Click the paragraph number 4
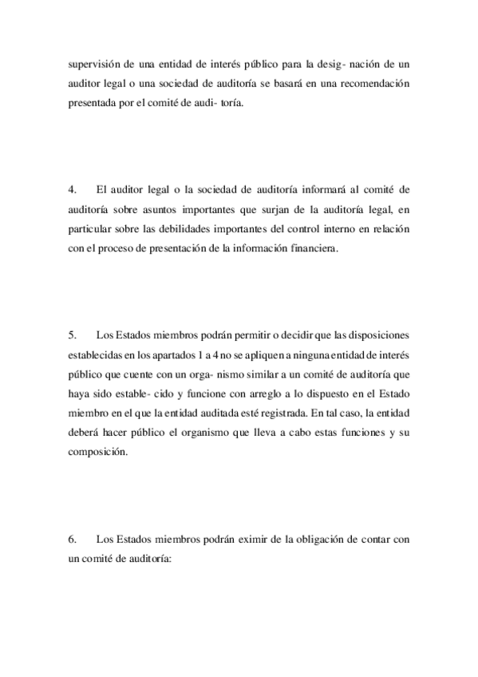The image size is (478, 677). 72,190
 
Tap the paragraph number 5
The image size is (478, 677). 72,332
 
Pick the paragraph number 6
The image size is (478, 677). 72,540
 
